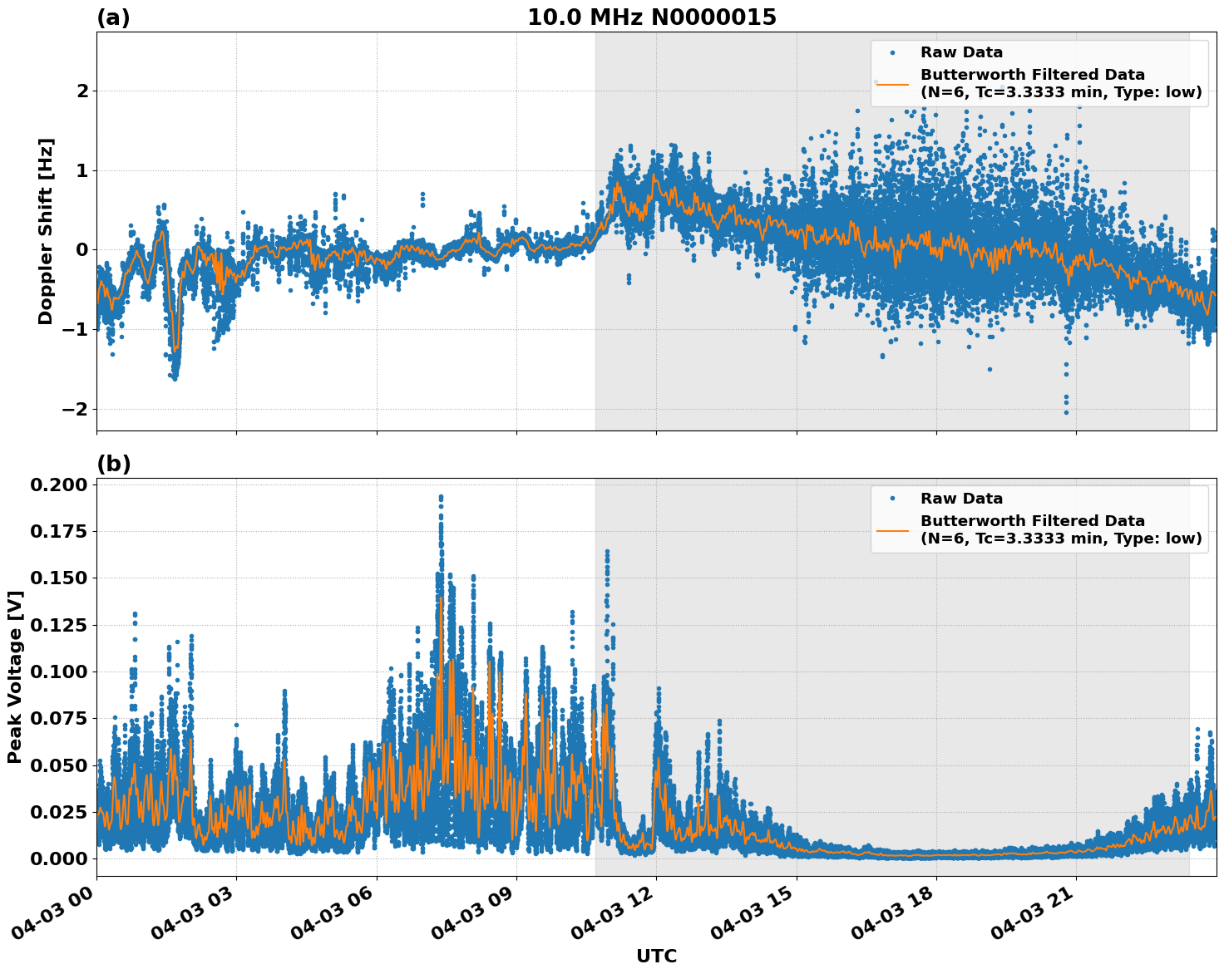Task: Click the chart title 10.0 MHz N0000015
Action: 651,17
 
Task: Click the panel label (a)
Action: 113,17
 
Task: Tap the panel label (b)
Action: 113,464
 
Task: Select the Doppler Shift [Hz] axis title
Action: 46,231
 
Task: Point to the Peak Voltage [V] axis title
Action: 14,676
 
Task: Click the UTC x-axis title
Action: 656,956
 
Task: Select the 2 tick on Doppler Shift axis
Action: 82,91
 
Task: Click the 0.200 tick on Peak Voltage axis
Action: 59,485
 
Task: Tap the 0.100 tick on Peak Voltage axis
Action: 59,671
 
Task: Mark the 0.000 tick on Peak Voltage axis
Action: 59,858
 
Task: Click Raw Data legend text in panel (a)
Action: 961,52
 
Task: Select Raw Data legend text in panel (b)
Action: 961,499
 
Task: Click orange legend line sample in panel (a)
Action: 892,84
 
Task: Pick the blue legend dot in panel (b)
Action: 892,499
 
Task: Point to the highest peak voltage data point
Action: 441,497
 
